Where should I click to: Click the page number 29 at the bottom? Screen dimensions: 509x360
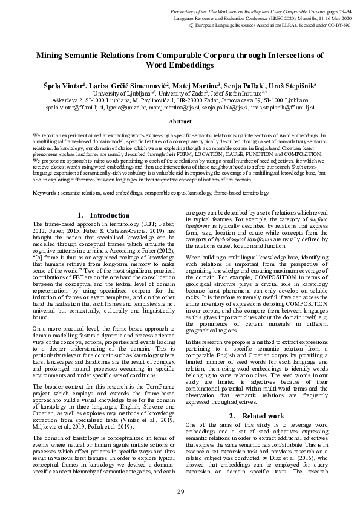[x=180, y=491]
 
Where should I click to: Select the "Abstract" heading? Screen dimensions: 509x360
[x=180, y=122]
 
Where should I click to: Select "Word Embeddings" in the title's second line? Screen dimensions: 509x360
[x=180, y=63]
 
